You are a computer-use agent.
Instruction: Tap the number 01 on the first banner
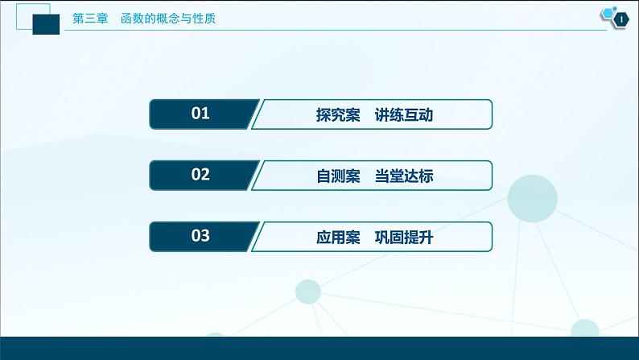tap(200, 114)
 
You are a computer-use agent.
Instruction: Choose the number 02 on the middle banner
tap(200, 175)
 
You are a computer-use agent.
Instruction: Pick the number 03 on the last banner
tap(200, 236)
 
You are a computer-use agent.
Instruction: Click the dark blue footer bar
tap(319, 349)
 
